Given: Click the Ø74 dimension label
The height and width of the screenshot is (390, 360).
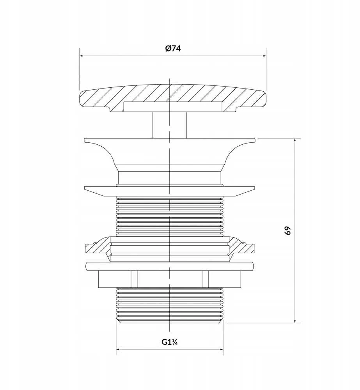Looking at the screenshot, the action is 173,48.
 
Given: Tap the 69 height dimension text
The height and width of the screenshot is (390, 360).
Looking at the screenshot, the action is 287,230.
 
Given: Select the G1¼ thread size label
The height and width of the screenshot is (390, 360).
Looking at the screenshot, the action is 169,342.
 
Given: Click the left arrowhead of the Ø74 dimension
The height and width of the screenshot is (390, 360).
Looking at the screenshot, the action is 82,56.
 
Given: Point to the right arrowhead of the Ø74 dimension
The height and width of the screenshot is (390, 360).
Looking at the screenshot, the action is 264,56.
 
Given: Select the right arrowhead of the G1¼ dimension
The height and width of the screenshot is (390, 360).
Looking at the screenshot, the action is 221,349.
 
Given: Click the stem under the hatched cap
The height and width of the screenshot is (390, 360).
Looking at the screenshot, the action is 169,125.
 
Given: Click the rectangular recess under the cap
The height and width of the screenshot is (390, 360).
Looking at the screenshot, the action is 173,107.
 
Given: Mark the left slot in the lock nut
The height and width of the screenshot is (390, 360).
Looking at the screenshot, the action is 134,279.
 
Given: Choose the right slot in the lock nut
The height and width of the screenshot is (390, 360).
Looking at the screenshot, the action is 205,279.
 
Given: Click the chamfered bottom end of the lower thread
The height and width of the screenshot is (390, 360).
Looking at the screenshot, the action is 169,321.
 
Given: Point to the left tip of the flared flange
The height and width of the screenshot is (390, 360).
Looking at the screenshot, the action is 85,140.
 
